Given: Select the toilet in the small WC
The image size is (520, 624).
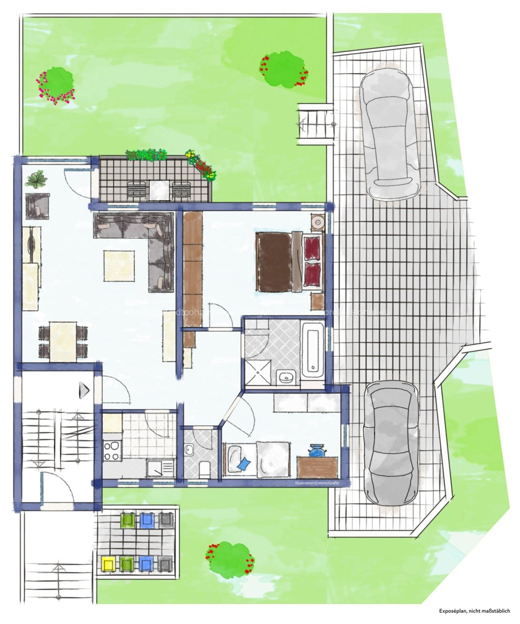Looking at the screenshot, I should click(205, 469).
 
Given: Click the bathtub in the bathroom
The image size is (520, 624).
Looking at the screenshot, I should click(312, 350).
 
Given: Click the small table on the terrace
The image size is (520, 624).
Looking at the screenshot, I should click(159, 190).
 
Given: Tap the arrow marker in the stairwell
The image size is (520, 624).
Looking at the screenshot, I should click(84, 390).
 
